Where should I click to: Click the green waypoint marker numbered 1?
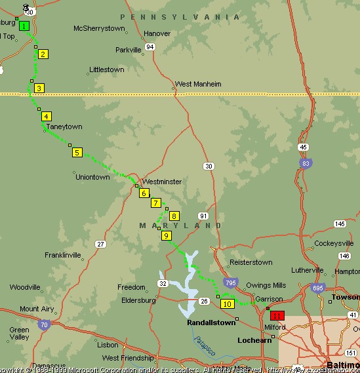[x=24, y=26]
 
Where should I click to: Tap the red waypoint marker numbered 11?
[x=277, y=315]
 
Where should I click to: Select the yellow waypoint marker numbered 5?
[x=77, y=153]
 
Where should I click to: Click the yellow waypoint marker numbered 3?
[x=39, y=88]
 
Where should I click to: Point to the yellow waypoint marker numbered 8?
[x=174, y=216]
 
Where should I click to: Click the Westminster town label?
[x=162, y=182]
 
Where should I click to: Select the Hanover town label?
[x=157, y=33]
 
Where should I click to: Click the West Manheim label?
[x=197, y=84]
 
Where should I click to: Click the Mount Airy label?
[x=37, y=309]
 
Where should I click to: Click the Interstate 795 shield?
[x=230, y=283]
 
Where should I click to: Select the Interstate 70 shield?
[x=44, y=323]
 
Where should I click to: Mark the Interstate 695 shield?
[x=316, y=288]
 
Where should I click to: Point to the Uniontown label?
[x=92, y=177]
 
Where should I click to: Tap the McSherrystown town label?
[x=99, y=28]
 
